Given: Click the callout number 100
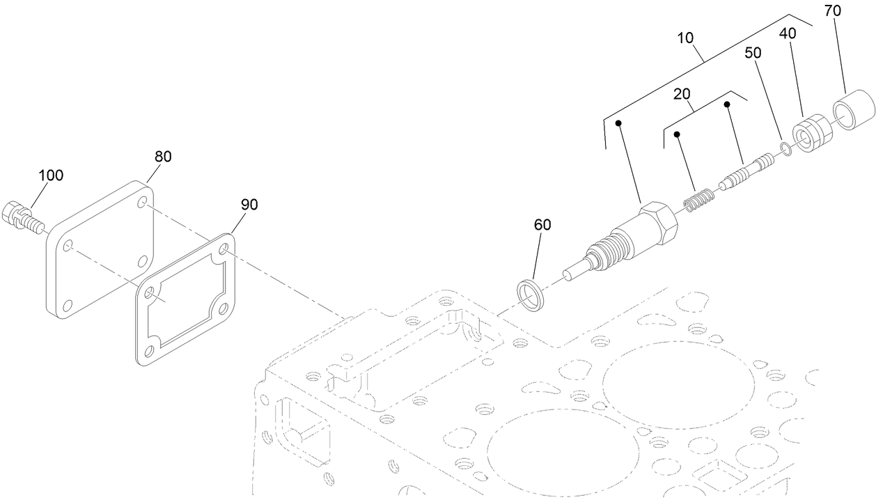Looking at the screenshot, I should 50,175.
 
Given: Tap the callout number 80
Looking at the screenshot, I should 162,157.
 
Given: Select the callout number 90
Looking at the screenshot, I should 249,204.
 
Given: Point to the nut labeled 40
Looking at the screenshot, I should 812,136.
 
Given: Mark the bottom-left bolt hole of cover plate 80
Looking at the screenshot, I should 68,304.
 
